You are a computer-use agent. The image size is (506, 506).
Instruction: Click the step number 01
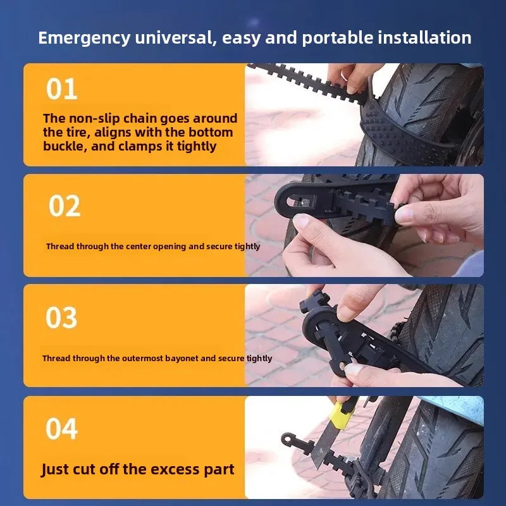[x=61, y=89]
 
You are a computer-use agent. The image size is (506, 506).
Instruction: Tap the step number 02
[x=65, y=206]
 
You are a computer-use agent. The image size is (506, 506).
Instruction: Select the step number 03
[x=61, y=318]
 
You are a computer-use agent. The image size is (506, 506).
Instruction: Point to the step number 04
[x=61, y=429]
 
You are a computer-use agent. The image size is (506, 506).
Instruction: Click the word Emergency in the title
[x=84, y=39]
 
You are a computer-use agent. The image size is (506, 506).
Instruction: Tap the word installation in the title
[x=424, y=37]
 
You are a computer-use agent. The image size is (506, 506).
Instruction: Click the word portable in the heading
[x=337, y=39]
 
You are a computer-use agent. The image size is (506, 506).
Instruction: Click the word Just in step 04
[x=55, y=470]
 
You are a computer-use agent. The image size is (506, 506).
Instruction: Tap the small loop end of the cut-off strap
[x=287, y=439]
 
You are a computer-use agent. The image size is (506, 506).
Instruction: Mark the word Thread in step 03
[x=56, y=359]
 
